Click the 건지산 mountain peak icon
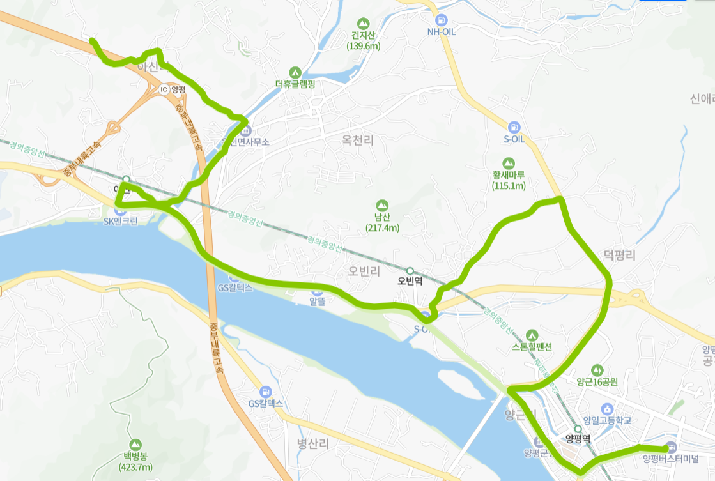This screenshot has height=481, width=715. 364,24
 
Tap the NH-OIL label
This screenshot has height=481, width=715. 441,32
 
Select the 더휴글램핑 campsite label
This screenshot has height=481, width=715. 295,84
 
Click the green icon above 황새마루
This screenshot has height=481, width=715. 509,163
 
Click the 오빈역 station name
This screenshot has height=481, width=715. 411,281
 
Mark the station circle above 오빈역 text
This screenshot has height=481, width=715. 410,270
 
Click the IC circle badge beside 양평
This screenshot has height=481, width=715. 164,89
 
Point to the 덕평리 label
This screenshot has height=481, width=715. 619,256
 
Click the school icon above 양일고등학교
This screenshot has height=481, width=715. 607,409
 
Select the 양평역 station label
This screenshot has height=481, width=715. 578,439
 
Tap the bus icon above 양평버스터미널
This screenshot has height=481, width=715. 670,447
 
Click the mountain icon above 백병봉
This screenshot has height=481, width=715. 135,444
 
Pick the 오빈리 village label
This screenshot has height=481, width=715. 364,271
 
